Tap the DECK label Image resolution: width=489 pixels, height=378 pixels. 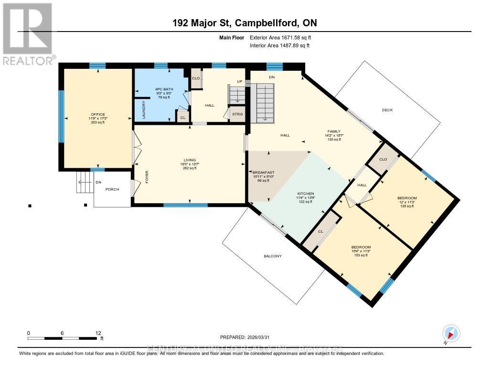[387, 110]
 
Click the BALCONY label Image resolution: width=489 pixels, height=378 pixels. [273, 256]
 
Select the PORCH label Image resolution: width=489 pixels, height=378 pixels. [112, 189]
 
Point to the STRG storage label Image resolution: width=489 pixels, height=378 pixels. [237, 114]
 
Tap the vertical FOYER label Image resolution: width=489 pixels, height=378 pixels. [147, 177]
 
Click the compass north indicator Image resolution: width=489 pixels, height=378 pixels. [451, 333]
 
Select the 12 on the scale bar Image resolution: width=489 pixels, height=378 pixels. [98, 333]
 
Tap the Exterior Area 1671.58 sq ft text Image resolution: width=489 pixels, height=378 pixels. [281, 37]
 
